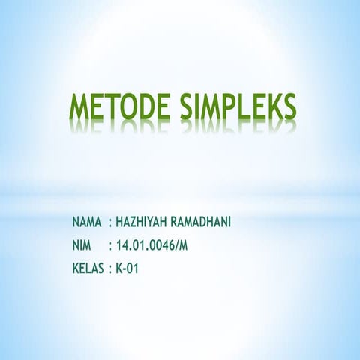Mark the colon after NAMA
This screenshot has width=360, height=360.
[110, 223]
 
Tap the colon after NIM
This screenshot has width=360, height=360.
[110, 244]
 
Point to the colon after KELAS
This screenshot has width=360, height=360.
[110, 267]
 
